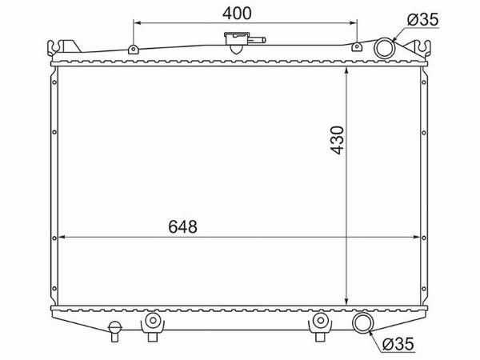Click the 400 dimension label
(x=237, y=14)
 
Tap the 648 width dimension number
(x=182, y=227)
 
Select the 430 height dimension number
(x=338, y=140)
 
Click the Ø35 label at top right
(x=422, y=20)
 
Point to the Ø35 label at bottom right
(x=398, y=344)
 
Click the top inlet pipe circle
(x=385, y=48)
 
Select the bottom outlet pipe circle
(x=362, y=322)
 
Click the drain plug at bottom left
(x=114, y=331)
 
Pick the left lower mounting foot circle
(x=153, y=321)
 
